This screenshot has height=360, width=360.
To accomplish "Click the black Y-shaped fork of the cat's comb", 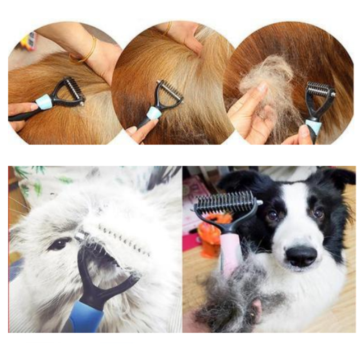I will pos(102,280).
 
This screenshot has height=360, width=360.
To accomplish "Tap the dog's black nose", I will pos(301,256).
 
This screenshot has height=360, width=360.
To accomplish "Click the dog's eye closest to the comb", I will pos(273,215).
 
